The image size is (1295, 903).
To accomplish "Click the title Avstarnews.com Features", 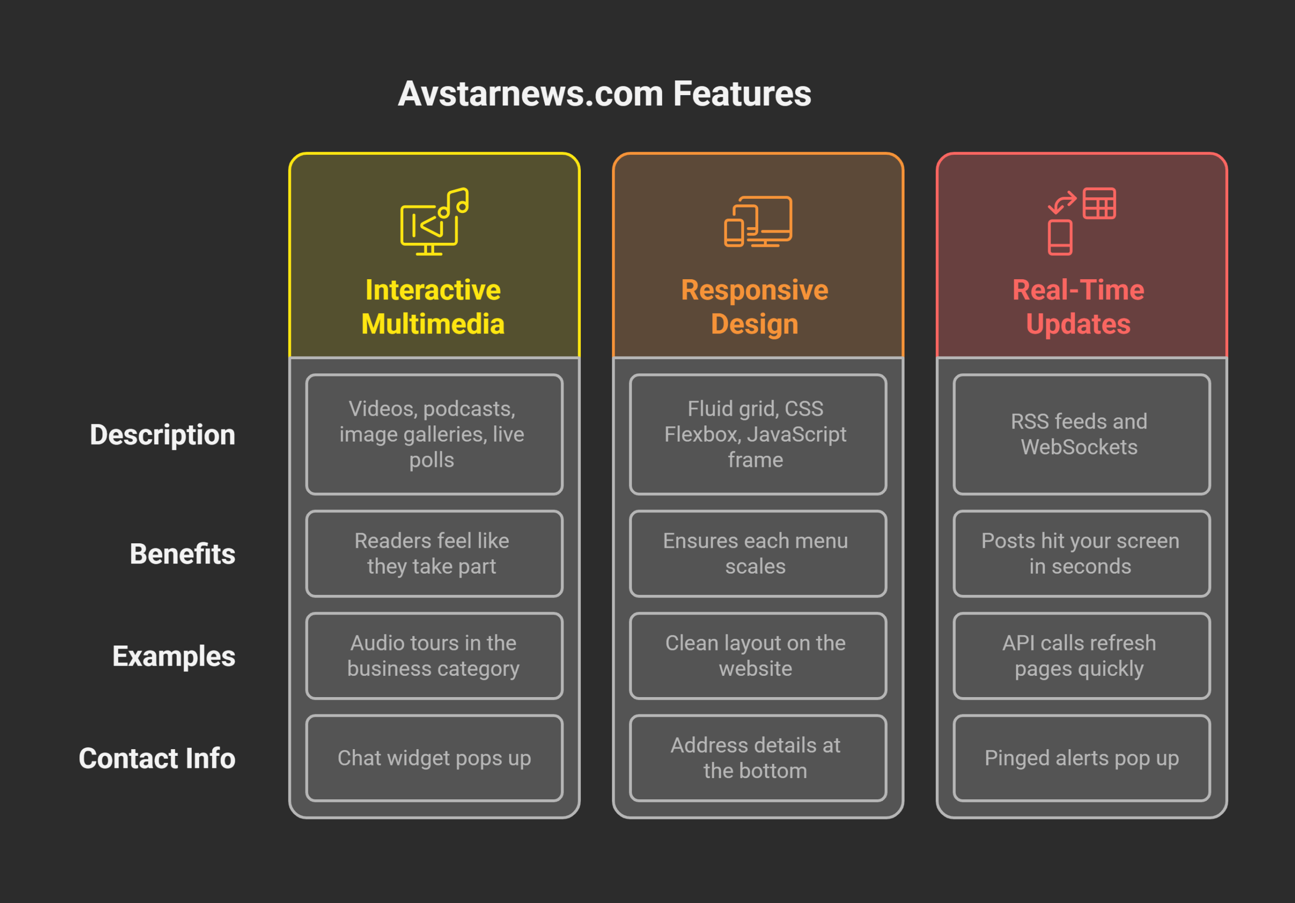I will tap(604, 94).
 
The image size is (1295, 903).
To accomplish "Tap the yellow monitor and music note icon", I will tap(434, 222).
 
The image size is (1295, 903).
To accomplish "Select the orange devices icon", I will tap(757, 222).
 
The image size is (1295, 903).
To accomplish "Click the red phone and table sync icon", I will tap(1081, 221).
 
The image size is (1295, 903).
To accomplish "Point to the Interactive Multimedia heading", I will tap(433, 307).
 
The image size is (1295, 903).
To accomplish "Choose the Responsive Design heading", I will tap(755, 307).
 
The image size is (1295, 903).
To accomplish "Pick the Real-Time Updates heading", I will tap(1078, 307).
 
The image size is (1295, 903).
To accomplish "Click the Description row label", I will tap(162, 435).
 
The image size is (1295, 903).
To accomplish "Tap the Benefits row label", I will tap(182, 554).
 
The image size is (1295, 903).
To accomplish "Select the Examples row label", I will tap(174, 656).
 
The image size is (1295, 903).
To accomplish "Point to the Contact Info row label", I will tap(157, 758).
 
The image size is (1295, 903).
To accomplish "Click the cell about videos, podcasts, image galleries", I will tap(434, 434).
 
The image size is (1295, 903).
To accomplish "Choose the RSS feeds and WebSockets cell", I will tap(1081, 434).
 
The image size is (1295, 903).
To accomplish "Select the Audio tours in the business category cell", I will tap(434, 656).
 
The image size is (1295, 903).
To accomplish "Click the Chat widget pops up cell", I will tap(434, 758).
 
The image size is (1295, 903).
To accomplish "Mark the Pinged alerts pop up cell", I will tap(1081, 758).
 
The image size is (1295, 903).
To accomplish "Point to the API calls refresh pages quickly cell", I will tap(1081, 656).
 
